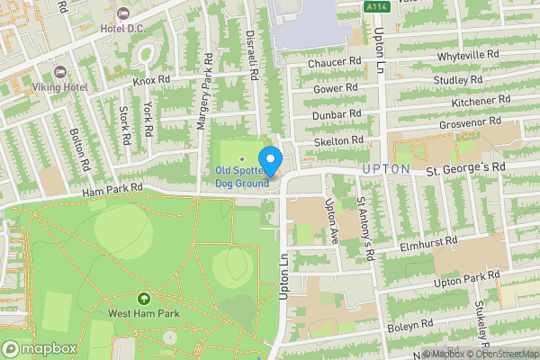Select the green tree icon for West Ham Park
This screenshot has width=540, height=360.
click(142, 299)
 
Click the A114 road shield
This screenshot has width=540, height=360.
click(378, 7)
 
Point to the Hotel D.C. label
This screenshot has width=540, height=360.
click(123, 28)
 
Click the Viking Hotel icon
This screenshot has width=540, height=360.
click(61, 72)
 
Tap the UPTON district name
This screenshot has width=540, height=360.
click(386, 169)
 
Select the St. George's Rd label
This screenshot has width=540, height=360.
click(466, 168)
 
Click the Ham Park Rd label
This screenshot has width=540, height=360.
click(112, 189)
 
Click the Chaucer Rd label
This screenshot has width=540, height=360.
click(334, 63)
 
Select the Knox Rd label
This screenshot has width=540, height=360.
click(151, 80)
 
